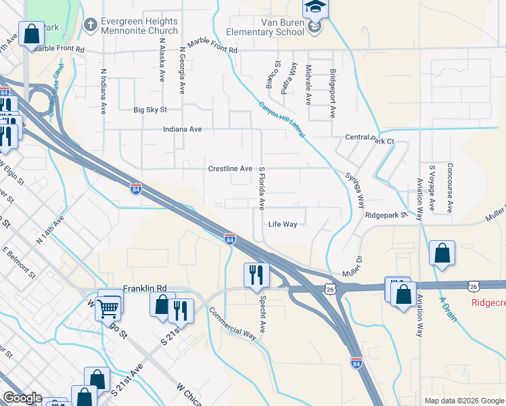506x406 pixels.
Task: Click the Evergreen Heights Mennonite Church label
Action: coord(139,26)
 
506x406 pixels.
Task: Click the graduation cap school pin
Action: coord(315,7)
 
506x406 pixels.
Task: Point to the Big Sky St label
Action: coord(149,110)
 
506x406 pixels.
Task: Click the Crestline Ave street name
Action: coord(230,168)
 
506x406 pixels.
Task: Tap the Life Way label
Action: coord(282,224)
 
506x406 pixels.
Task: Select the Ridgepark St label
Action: coord(386,215)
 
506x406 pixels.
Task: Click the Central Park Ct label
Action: coord(369,137)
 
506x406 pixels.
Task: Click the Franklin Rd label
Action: coord(144,288)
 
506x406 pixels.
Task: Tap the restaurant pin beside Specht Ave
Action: coord(256,275)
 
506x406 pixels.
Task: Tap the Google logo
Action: coord(22,398)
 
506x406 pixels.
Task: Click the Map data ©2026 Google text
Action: coord(463,401)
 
